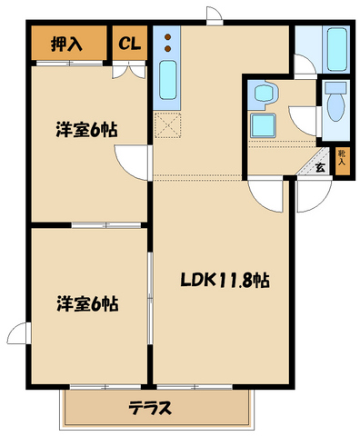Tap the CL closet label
[129, 43]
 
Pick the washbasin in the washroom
[265, 93]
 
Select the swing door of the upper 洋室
[135, 160]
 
